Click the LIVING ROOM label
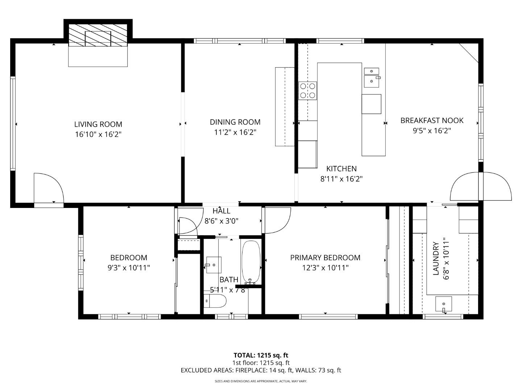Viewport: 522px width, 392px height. pyautogui.click(x=98, y=124)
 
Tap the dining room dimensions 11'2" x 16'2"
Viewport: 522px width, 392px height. pyautogui.click(x=235, y=132)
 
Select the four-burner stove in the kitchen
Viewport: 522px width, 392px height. pyautogui.click(x=307, y=90)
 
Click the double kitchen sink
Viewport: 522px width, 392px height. pyautogui.click(x=372, y=77)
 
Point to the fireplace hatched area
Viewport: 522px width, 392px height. pyautogui.click(x=98, y=36)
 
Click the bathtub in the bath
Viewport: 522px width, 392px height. pyautogui.click(x=251, y=262)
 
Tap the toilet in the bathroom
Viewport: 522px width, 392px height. pyautogui.click(x=215, y=301)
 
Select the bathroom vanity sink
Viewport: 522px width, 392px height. pyautogui.click(x=214, y=265)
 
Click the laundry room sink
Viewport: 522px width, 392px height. pyautogui.click(x=443, y=304)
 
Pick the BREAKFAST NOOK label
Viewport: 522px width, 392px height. pyautogui.click(x=432, y=121)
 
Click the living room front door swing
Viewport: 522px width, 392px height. pyautogui.click(x=48, y=188)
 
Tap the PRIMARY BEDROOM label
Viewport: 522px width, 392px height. pyautogui.click(x=325, y=258)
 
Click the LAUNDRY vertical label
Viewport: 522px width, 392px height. pyautogui.click(x=436, y=259)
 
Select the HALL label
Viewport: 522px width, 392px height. pyautogui.click(x=221, y=211)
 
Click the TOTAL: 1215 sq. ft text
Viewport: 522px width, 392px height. pyautogui.click(x=261, y=355)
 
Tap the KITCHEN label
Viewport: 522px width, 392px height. pyautogui.click(x=341, y=169)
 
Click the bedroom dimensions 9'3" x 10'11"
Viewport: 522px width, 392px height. pyautogui.click(x=129, y=268)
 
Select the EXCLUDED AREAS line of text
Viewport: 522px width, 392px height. pyautogui.click(x=261, y=371)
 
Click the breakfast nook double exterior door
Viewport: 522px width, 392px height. pyautogui.click(x=481, y=187)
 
